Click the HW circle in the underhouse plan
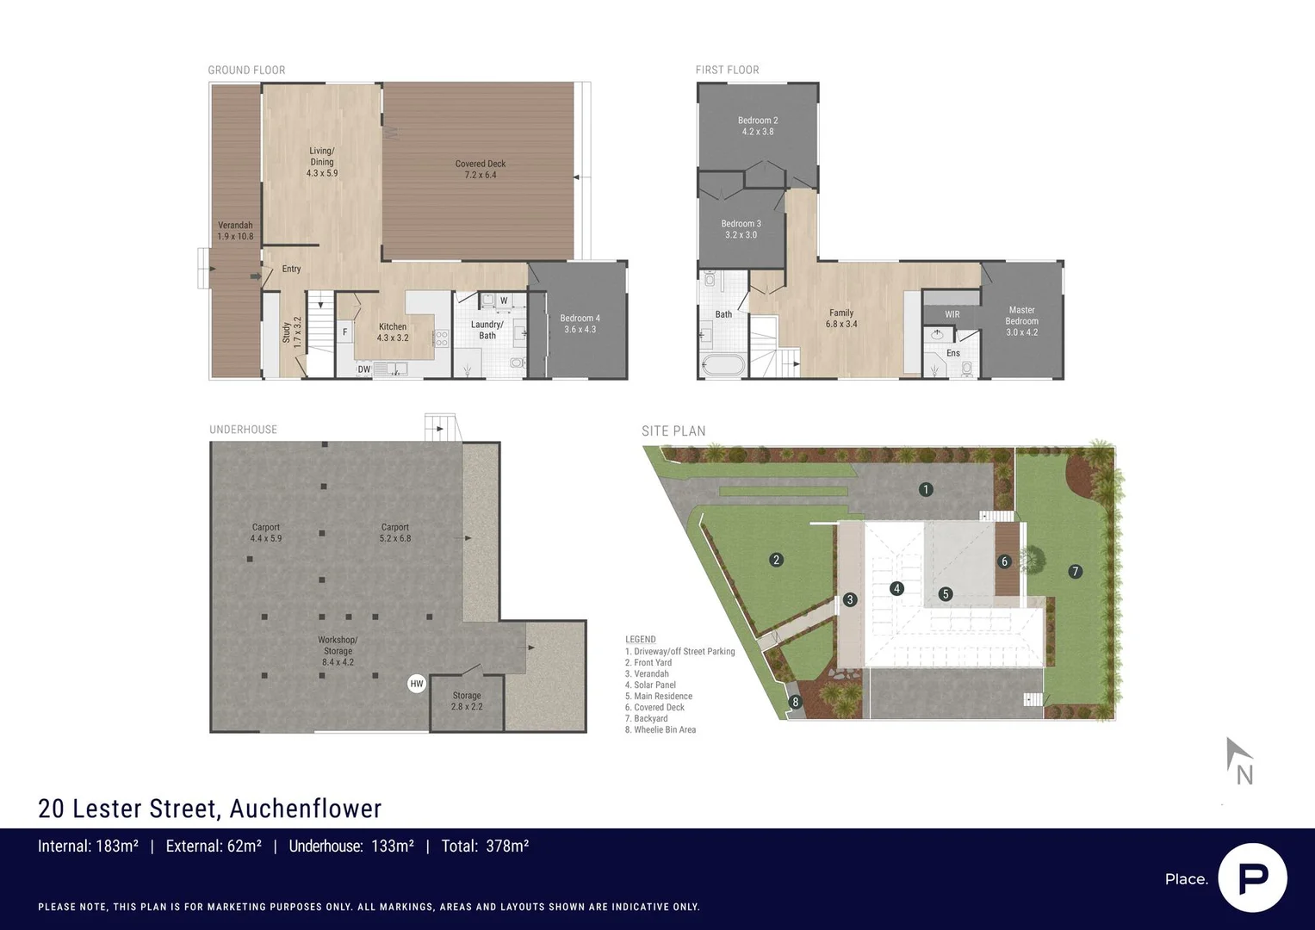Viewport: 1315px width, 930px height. [417, 684]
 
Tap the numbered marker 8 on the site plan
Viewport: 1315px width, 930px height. [795, 702]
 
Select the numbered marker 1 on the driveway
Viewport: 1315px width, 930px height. [926, 489]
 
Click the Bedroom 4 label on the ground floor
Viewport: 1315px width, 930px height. [580, 324]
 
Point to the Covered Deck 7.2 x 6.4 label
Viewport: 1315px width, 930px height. [481, 169]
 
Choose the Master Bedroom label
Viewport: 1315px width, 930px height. [1021, 320]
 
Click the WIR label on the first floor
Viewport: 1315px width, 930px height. [952, 314]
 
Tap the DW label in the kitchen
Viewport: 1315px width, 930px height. [364, 369]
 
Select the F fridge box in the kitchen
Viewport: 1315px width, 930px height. [345, 332]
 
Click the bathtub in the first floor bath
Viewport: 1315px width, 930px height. [722, 365]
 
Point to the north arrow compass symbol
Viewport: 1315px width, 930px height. [1238, 760]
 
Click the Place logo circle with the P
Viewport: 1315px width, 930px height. [1252, 877]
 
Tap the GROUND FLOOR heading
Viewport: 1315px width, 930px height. [246, 70]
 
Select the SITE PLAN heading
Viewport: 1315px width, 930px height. [673, 431]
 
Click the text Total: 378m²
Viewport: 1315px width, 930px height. [485, 846]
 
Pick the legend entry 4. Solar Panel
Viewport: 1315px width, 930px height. [650, 685]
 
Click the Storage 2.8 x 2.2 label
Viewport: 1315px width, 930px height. [467, 701]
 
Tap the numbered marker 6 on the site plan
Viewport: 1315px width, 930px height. [1004, 561]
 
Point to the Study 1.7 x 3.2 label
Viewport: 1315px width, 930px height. [291, 331]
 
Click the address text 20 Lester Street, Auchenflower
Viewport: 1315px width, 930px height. [210, 809]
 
